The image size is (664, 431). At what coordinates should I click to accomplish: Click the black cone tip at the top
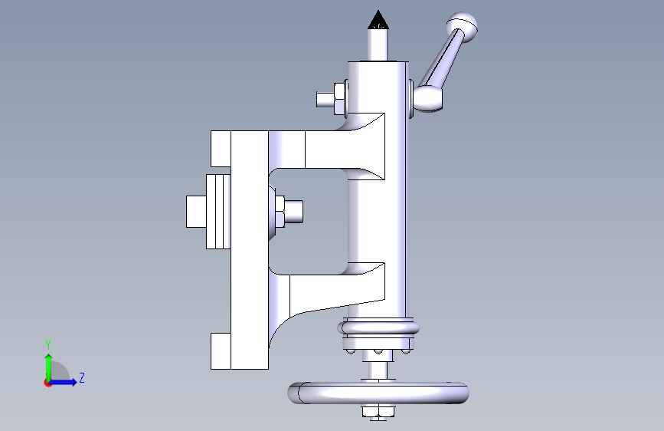[x=378, y=19]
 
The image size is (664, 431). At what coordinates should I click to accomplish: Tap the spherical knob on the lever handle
[x=462, y=27]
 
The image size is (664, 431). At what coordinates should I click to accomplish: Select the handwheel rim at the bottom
[x=378, y=393]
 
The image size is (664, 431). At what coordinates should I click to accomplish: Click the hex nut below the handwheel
[x=378, y=411]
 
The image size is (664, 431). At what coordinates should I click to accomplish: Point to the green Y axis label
[x=48, y=344]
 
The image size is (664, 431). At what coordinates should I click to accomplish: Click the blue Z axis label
[x=82, y=377]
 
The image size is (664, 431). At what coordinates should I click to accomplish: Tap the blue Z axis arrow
[x=62, y=382]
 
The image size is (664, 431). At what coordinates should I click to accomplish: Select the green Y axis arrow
[x=49, y=368]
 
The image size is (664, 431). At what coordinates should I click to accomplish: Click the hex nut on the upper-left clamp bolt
[x=339, y=99]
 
